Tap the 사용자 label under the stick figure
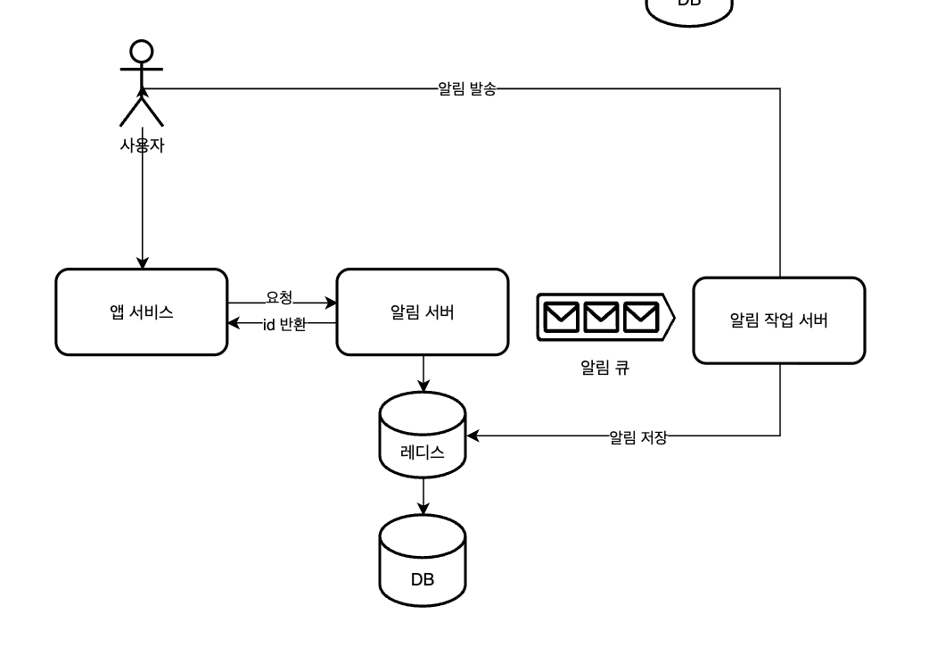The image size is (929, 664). click(x=142, y=145)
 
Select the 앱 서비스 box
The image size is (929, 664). click(x=141, y=312)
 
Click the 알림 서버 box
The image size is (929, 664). click(x=422, y=312)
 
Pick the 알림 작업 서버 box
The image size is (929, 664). click(x=778, y=320)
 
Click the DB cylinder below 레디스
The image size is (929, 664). click(x=423, y=562)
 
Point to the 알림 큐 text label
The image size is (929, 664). click(x=604, y=367)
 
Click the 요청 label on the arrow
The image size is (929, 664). click(x=279, y=296)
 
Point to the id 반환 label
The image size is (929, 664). click(x=284, y=324)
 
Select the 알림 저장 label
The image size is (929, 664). click(x=637, y=436)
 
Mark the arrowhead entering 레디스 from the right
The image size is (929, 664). click(x=473, y=436)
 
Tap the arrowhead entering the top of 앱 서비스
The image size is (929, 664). click(x=142, y=263)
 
